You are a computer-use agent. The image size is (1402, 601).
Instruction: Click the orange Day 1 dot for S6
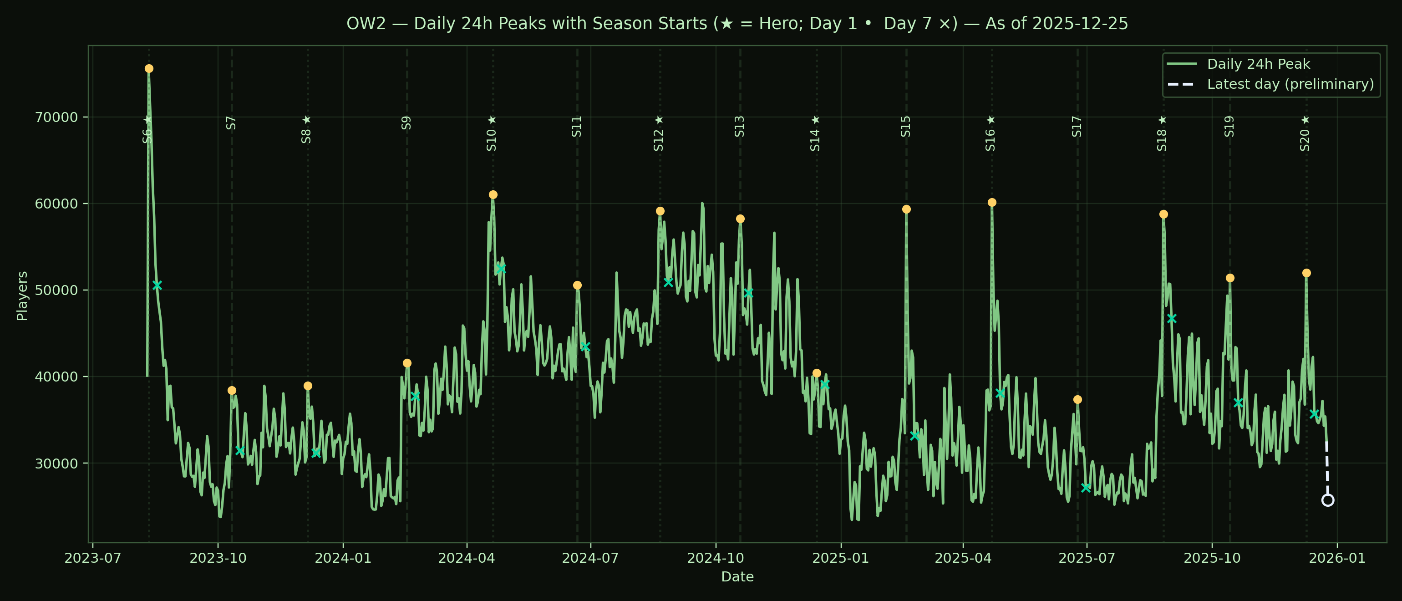click(x=148, y=69)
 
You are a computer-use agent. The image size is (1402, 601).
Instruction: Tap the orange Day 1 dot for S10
click(x=493, y=195)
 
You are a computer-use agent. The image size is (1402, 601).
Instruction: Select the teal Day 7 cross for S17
click(x=1085, y=488)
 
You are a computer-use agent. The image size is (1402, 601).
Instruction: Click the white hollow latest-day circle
click(x=1328, y=500)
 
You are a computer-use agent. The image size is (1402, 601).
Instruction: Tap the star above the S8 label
click(x=306, y=120)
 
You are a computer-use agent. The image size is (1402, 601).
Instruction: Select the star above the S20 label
click(x=1305, y=120)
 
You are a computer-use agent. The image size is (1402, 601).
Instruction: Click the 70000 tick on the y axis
click(x=56, y=117)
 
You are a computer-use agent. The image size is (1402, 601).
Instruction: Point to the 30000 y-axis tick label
click(x=56, y=464)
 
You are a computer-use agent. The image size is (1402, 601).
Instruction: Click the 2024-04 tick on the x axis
click(x=467, y=558)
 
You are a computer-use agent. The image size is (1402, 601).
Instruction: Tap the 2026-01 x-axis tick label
click(x=1337, y=558)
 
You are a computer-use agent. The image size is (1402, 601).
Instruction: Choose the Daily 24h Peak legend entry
click(x=1258, y=64)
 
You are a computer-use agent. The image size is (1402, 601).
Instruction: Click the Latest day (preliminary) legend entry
click(x=1290, y=84)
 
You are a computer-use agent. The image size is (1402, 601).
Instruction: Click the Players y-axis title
click(x=22, y=296)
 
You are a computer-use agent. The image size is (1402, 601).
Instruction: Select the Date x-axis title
click(x=737, y=577)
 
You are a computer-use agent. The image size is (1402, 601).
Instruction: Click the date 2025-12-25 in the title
click(x=1080, y=23)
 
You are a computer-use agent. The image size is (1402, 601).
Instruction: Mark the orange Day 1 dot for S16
click(x=992, y=203)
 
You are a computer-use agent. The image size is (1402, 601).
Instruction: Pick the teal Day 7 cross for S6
click(x=157, y=285)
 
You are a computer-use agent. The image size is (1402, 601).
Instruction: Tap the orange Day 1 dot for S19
click(x=1230, y=278)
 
